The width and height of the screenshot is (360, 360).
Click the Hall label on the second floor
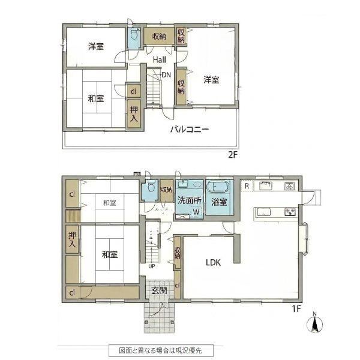160,60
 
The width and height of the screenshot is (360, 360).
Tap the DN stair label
166,75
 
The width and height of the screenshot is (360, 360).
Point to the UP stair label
152,266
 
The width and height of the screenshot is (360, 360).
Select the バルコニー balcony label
190,129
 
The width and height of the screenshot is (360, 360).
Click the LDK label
213,262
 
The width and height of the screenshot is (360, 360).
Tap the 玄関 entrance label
159,290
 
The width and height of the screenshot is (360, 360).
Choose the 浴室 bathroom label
219,202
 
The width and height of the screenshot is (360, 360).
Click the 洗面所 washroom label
190,200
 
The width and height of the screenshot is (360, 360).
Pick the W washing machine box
196,212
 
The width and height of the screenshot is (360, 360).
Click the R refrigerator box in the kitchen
247,186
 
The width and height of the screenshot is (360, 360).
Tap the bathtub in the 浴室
218,186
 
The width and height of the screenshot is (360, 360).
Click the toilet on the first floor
151,186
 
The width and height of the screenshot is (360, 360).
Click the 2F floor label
232,155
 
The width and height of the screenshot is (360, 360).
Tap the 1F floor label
296,309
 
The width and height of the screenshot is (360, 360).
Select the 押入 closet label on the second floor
134,114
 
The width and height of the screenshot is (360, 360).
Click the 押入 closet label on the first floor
72,239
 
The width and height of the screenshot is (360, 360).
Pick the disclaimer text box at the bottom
161,350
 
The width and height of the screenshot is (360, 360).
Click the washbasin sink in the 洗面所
183,184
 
